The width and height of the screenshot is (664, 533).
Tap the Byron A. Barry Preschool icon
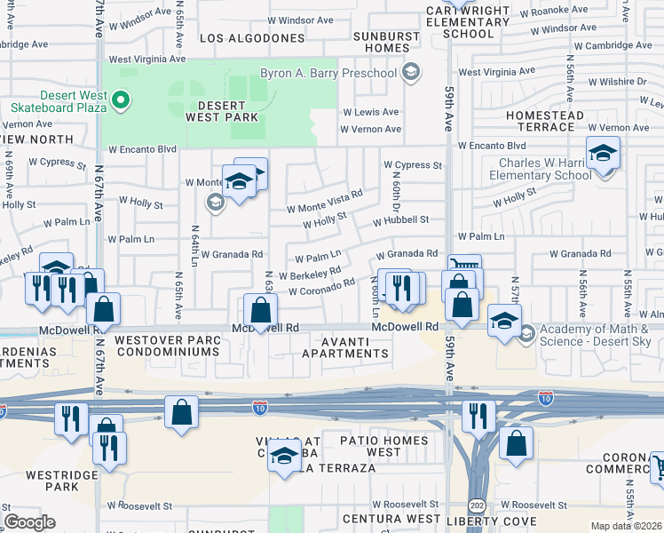coord(410,72)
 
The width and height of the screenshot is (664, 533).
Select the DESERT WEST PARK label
coord(221,110)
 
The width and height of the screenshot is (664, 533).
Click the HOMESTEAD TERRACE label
coord(544,122)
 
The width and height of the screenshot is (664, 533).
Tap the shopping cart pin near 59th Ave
coord(464,266)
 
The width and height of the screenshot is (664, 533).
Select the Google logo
coord(30,522)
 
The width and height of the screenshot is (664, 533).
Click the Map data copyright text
coord(626,526)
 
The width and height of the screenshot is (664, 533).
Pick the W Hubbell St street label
coord(400,219)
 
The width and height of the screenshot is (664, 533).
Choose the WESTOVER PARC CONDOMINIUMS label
coord(154,346)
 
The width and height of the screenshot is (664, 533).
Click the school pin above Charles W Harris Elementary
coord(603,154)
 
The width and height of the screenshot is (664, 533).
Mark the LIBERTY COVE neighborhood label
coord(494,520)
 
